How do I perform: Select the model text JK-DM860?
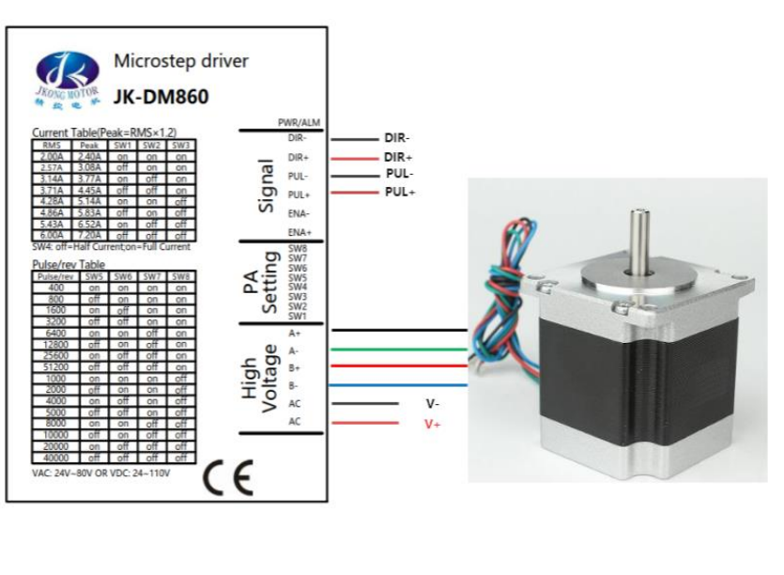[161, 96]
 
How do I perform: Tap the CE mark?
[228, 479]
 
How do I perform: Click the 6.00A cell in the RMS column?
[51, 235]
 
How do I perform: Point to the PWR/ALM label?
[298, 123]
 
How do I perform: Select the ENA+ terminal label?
[299, 232]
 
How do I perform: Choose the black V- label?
[433, 403]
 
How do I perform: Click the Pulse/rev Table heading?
[69, 265]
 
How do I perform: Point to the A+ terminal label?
[296, 333]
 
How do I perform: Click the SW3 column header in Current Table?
[181, 146]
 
